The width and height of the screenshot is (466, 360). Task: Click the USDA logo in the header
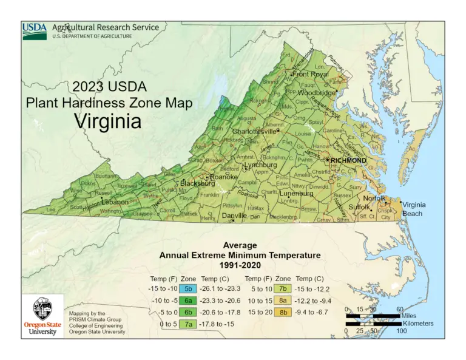pyautogui.click(x=35, y=31)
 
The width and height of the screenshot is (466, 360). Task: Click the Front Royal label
pyautogui.click(x=311, y=75)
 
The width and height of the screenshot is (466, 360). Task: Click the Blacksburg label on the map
pyautogui.click(x=197, y=183)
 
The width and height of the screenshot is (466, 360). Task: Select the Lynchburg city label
pyautogui.click(x=260, y=165)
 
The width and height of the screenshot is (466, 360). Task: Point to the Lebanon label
pyautogui.click(x=115, y=202)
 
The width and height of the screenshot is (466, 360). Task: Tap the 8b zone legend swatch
pyautogui.click(x=282, y=312)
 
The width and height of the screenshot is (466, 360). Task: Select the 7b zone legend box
pyautogui.click(x=282, y=289)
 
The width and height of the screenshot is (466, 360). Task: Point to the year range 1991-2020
pyautogui.click(x=240, y=265)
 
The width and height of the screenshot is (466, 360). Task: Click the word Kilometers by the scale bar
pyautogui.click(x=417, y=324)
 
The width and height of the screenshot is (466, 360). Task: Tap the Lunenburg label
pyautogui.click(x=295, y=194)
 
